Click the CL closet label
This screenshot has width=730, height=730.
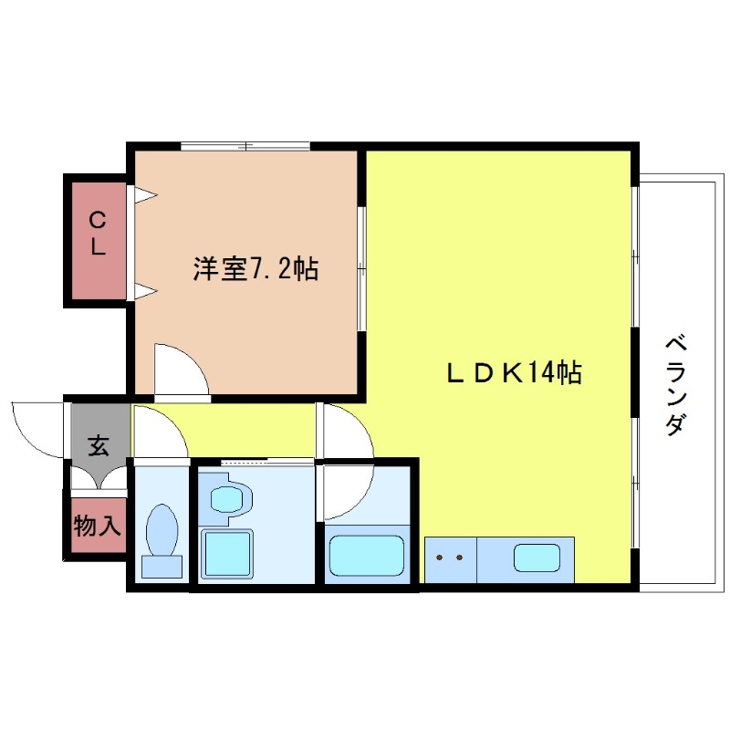click(96, 234)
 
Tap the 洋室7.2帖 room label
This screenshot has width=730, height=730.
click(255, 269)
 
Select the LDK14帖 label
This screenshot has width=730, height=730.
click(514, 372)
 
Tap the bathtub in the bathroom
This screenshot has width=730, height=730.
click(366, 555)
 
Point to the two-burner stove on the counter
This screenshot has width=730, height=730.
click(449, 557)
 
